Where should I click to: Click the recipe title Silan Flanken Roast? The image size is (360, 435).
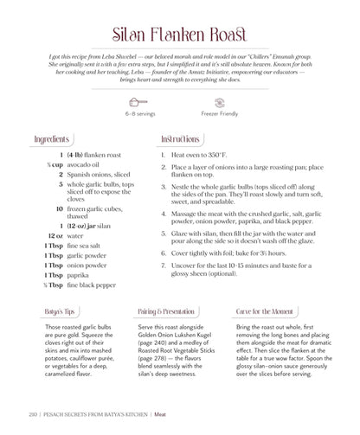tap(179, 35)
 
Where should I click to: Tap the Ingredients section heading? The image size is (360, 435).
tap(53, 139)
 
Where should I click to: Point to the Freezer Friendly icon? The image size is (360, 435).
tap(219, 102)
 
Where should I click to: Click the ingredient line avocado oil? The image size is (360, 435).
tap(83, 164)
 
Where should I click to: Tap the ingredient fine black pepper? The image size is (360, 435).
tap(92, 285)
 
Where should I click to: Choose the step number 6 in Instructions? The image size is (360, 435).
tap(164, 253)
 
